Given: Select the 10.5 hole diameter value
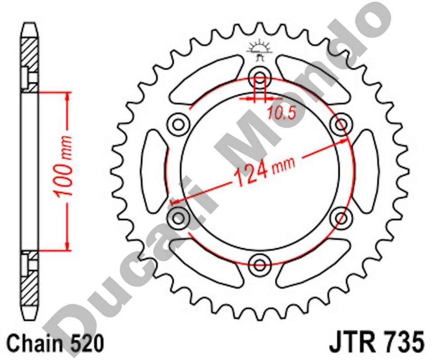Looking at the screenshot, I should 280,112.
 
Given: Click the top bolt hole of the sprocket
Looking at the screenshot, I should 260,75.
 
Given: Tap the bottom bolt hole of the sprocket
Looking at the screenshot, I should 260,264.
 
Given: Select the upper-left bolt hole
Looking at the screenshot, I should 179,123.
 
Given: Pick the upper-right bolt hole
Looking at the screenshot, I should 341,123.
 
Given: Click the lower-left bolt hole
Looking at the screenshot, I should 179,217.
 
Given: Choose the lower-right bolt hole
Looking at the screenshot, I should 341,217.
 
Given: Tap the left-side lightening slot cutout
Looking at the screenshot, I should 154,170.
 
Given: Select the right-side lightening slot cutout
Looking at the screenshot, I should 366,170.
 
